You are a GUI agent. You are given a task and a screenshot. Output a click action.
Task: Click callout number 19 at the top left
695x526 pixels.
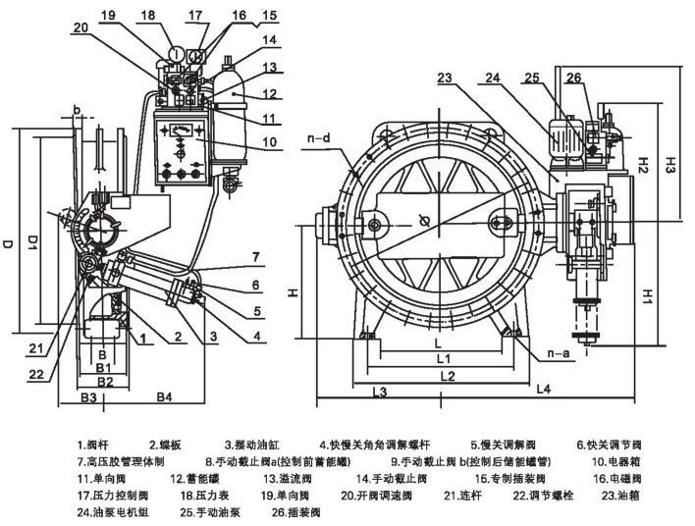point(107,15)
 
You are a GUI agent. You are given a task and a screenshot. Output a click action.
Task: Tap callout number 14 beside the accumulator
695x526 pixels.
point(241,40)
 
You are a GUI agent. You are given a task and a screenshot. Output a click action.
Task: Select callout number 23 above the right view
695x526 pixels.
point(445,79)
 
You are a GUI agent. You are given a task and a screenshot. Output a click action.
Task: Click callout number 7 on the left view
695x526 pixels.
point(256,257)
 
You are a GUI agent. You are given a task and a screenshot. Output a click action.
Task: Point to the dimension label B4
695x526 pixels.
point(164,396)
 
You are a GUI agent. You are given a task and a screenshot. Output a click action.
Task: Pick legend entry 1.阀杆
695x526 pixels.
point(97,442)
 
